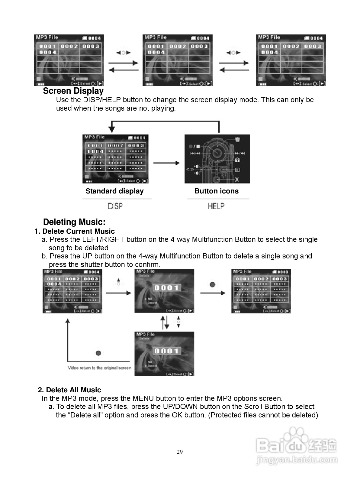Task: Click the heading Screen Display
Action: tap(73, 91)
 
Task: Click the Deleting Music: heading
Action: tap(74, 222)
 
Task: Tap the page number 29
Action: tap(180, 452)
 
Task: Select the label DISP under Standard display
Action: tap(115, 206)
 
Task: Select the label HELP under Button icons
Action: tap(216, 206)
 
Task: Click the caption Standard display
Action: tap(114, 191)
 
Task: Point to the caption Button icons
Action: tap(217, 191)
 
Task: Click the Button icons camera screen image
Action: tap(217, 159)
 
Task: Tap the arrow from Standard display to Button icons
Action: tap(166, 163)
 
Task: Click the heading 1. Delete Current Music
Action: tap(74, 232)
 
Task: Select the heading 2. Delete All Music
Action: tap(69, 390)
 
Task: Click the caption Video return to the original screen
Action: tap(99, 368)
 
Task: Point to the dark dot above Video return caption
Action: tap(98, 353)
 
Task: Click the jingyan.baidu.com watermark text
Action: tap(297, 460)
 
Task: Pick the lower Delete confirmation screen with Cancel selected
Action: tap(164, 354)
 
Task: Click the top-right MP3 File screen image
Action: tap(291, 60)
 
